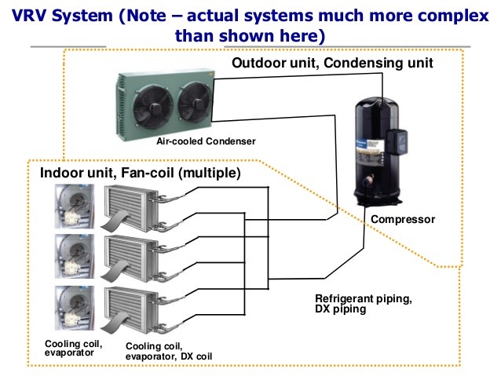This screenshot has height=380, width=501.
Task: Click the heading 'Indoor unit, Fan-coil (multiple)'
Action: pos(134,172)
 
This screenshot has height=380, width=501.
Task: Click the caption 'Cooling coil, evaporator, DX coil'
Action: pos(168,350)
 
